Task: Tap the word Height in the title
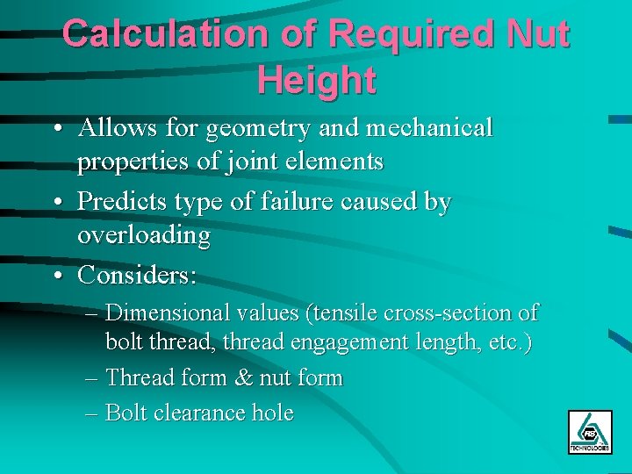[x=317, y=80]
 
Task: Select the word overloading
[x=144, y=236]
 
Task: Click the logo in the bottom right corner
[x=589, y=432]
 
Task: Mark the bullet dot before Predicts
[x=56, y=203]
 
